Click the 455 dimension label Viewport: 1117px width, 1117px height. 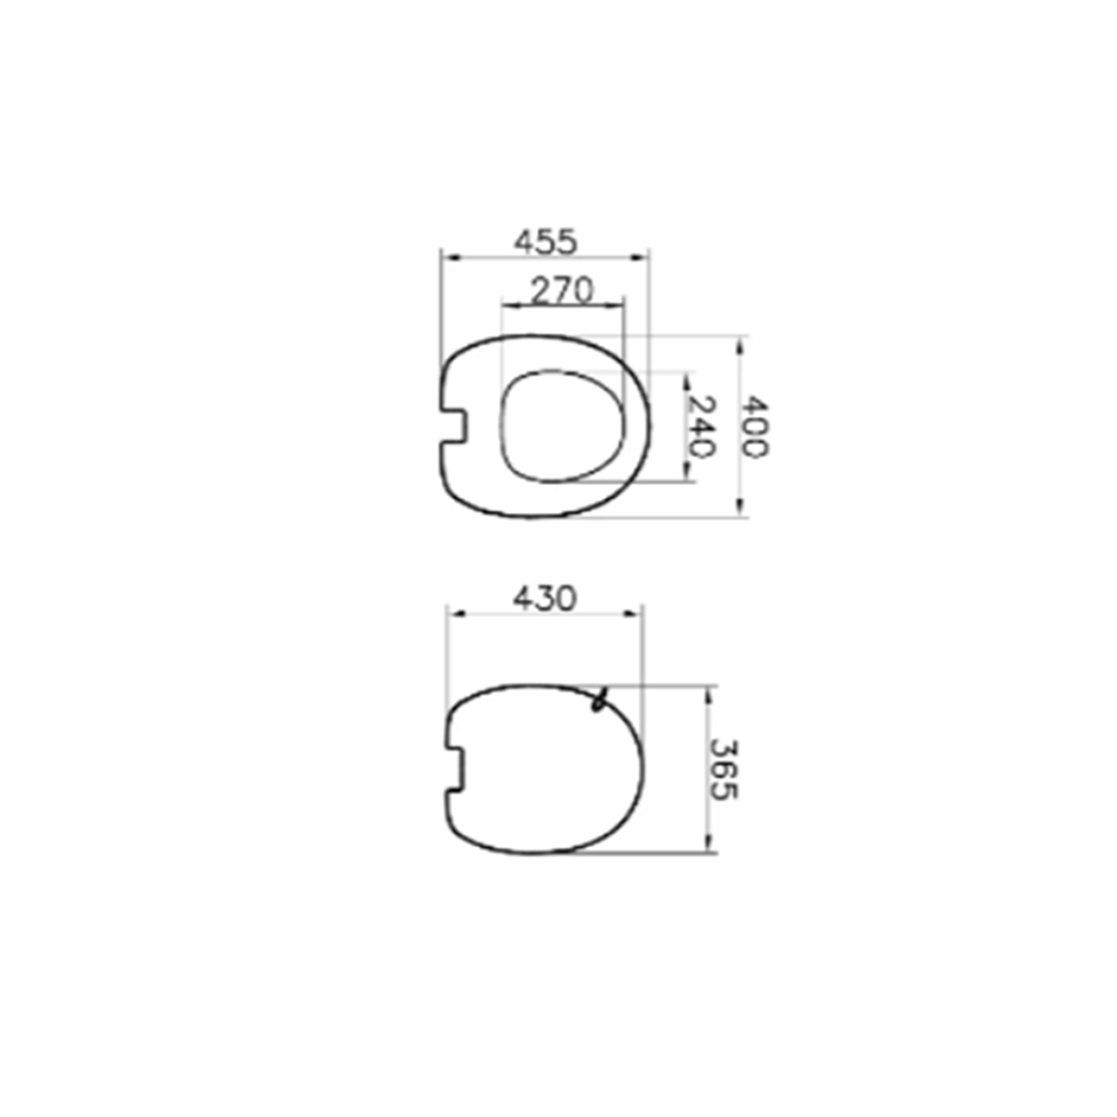point(546,242)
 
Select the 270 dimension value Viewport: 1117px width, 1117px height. point(562,290)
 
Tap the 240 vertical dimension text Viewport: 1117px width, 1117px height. point(703,426)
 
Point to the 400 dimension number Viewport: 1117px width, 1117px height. point(755,426)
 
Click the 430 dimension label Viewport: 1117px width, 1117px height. point(545,599)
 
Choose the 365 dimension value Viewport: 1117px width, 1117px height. point(724,770)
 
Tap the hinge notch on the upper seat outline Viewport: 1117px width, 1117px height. point(454,426)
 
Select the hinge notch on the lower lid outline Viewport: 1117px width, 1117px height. point(455,768)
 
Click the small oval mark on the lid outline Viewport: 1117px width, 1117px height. point(599,700)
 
